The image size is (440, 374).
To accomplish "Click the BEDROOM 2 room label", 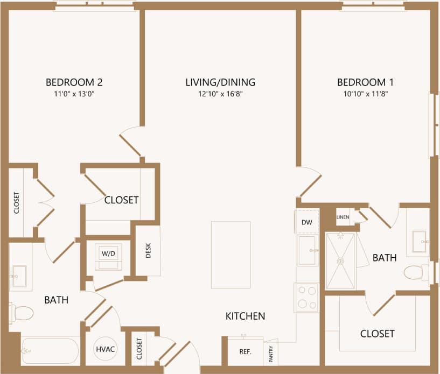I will [74, 82].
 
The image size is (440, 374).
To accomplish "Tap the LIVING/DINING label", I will [220, 82].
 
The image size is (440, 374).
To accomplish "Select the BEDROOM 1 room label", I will [365, 82].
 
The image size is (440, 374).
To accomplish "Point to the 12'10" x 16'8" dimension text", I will [220, 94].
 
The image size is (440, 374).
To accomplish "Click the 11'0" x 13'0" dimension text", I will [74, 94].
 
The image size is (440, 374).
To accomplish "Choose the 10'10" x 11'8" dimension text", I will [365, 94].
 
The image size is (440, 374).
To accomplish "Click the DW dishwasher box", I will [307, 221].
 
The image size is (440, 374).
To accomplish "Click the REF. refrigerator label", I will [246, 352].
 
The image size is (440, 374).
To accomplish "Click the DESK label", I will [148, 251].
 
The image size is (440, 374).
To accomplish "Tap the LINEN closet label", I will [343, 217].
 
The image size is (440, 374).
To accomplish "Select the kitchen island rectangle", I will [231, 255].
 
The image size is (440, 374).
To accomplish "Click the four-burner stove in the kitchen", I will [307, 298].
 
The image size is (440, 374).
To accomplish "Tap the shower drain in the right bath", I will [340, 260].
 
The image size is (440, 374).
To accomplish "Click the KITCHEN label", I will [245, 316].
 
